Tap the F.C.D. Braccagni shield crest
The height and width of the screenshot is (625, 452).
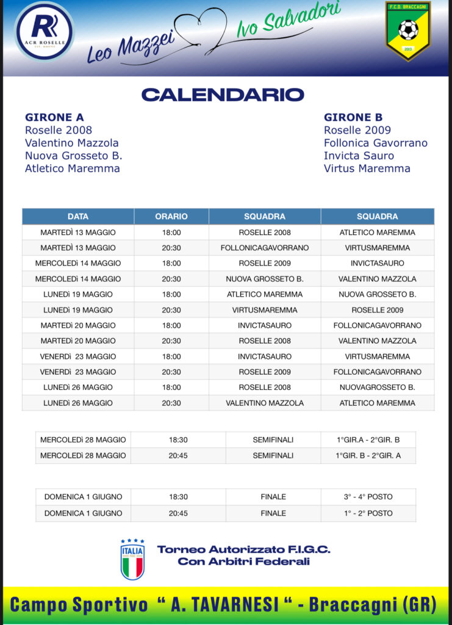coord(407,31)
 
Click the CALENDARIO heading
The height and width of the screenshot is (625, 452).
coord(223,95)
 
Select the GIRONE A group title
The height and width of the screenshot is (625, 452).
coord(54,117)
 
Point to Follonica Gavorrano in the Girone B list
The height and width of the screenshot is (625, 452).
coord(375,143)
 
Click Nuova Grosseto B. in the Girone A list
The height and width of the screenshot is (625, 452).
coord(73,156)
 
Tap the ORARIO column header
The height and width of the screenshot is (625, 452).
coord(171,217)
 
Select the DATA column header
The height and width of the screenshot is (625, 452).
coord(78,217)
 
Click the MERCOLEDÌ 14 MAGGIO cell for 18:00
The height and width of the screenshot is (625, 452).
coord(78,263)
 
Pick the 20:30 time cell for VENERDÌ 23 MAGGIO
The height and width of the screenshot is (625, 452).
coord(171,372)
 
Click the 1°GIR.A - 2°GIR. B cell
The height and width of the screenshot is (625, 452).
coord(368,439)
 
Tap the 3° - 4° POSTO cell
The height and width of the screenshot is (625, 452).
coord(368,497)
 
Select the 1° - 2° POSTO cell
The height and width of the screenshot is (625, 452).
coord(368,513)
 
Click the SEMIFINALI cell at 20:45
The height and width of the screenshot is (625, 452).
coord(273,455)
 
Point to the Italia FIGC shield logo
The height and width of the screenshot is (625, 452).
coord(132,558)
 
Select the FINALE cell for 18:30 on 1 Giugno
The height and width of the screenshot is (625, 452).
coord(273,497)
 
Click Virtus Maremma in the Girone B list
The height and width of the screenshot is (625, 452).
coord(367,168)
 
